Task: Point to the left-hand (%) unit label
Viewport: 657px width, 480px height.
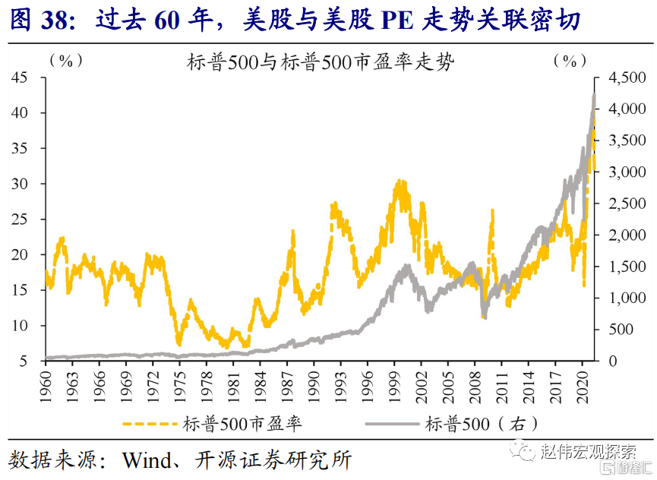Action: point(66,62)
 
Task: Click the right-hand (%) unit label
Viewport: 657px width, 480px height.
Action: point(570,62)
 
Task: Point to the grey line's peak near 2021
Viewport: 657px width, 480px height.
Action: point(594,94)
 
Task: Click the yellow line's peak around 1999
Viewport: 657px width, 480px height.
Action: point(398,182)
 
